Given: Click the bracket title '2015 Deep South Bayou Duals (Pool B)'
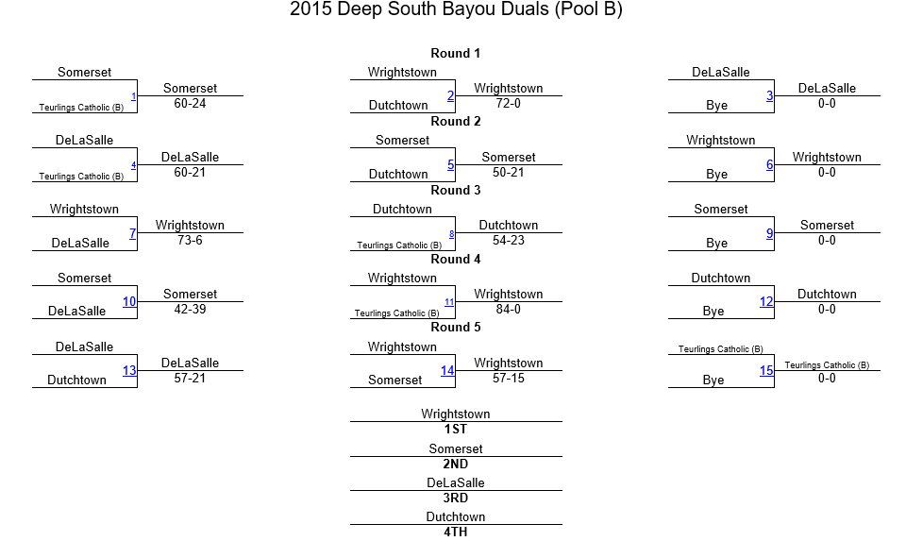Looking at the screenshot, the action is [x=456, y=9].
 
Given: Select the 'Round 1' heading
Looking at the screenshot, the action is [x=455, y=53].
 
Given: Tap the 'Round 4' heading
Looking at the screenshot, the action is [x=455, y=259].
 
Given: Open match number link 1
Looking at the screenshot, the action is [x=133, y=96].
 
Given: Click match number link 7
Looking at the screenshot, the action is [x=132, y=233].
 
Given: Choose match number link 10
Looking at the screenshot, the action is [x=129, y=301].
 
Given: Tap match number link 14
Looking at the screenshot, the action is [x=447, y=370].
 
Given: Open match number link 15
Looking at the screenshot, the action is [x=766, y=370].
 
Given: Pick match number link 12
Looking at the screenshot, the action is [x=766, y=301].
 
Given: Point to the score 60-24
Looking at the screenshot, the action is [x=190, y=104].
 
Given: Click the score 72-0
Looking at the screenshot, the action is [x=509, y=104].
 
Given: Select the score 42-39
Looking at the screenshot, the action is [x=190, y=310].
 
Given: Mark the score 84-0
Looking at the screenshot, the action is [x=509, y=310].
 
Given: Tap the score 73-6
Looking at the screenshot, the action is [x=190, y=241].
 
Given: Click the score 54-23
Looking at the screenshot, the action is [x=509, y=241].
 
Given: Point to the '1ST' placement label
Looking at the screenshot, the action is [x=455, y=429].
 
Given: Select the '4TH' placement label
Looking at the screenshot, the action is [x=455, y=532].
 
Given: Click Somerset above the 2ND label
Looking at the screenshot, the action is [x=455, y=448].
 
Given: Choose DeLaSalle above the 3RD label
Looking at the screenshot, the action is [x=455, y=482].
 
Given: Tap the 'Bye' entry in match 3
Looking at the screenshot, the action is [x=716, y=105].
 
